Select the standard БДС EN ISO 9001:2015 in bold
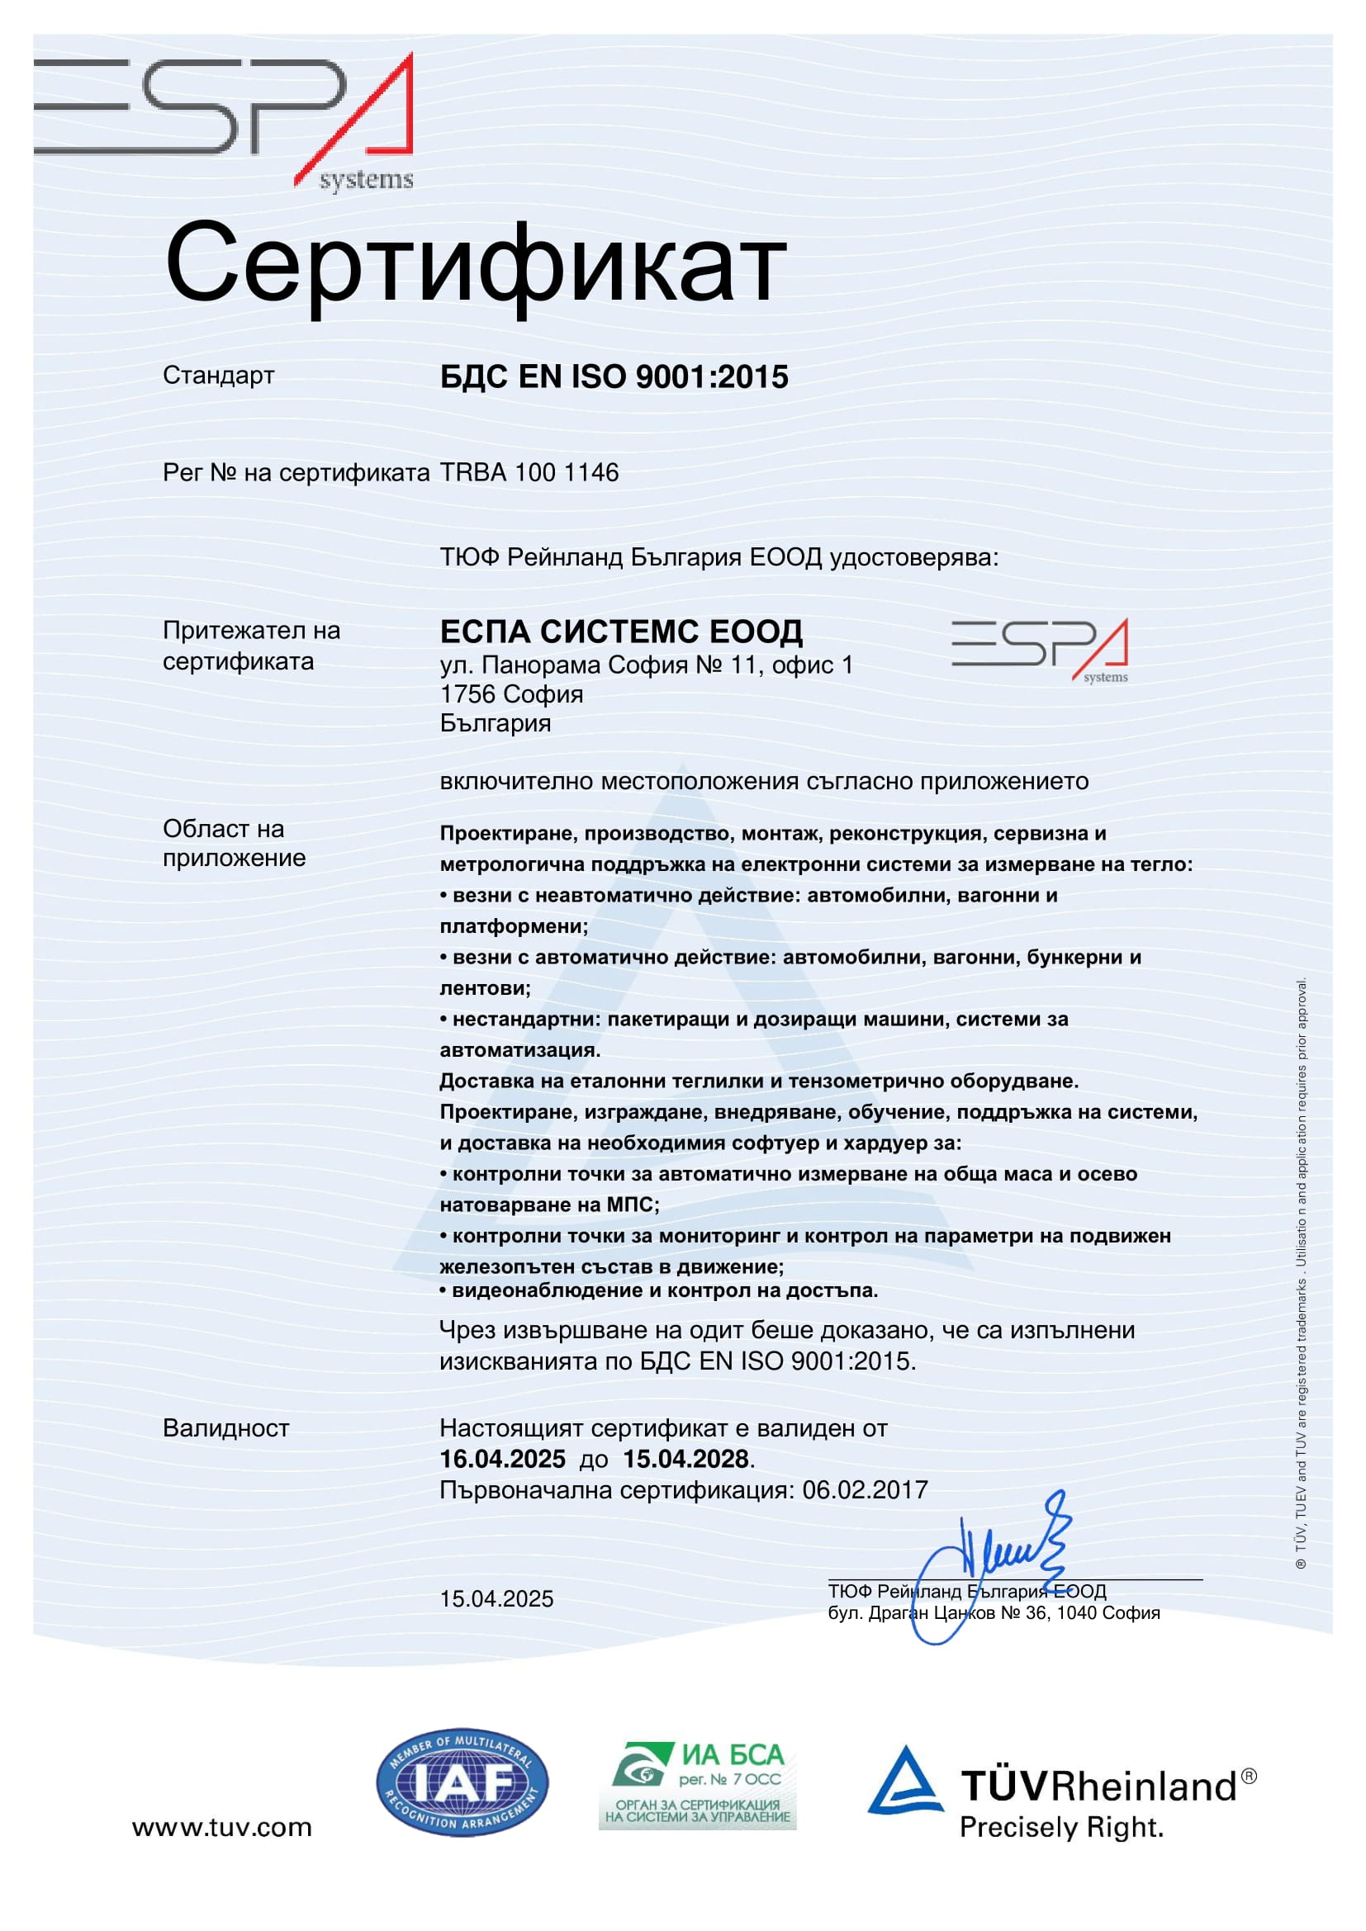[x=614, y=376]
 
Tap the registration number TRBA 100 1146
[x=529, y=473]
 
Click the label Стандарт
[x=219, y=375]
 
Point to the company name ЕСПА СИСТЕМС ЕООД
[x=621, y=631]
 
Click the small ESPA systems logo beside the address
[x=1040, y=650]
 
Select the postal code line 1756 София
[x=511, y=693]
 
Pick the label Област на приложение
[x=234, y=844]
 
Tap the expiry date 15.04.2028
[x=685, y=1459]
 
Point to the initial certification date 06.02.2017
[x=865, y=1490]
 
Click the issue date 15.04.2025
[x=496, y=1599]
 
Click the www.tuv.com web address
[x=222, y=1827]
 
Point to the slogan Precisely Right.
[x=1061, y=1828]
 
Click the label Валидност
[x=226, y=1428]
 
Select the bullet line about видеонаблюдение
[x=659, y=1291]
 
